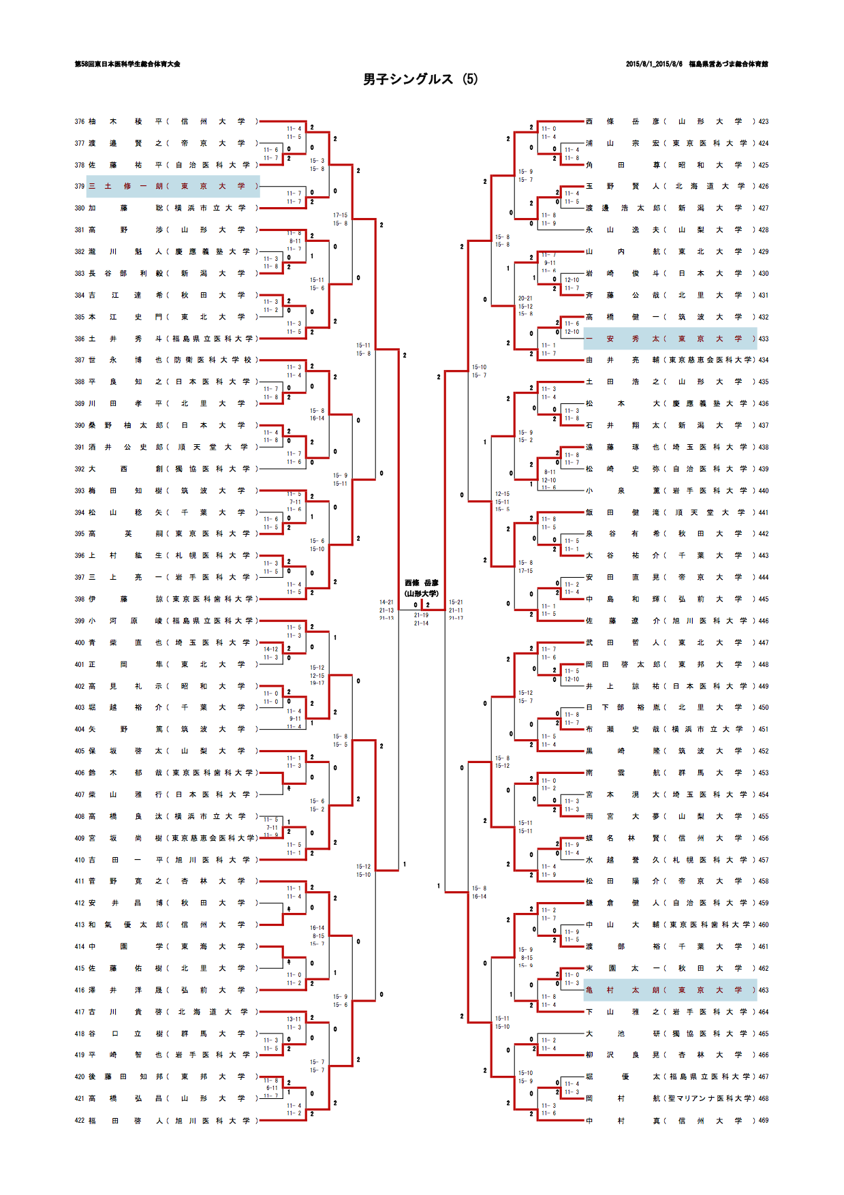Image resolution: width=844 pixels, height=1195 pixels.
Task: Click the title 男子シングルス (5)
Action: (x=420, y=79)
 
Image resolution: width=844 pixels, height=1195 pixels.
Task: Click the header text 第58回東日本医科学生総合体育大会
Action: (x=127, y=64)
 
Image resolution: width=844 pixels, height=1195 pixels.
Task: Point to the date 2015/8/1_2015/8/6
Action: (x=654, y=64)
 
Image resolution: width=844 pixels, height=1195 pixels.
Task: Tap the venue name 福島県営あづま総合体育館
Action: (x=728, y=64)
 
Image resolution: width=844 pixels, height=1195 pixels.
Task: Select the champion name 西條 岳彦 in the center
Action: (x=422, y=583)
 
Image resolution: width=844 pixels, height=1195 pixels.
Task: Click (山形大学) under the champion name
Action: (x=422, y=593)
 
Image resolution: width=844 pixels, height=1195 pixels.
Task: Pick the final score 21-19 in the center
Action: (x=421, y=615)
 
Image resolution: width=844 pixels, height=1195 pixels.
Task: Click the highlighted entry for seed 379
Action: (x=167, y=186)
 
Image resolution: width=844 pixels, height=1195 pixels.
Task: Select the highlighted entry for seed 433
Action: (x=670, y=339)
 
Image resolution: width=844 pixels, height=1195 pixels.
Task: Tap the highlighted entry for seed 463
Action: (x=670, y=990)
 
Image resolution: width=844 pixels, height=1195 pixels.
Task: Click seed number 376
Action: (x=80, y=121)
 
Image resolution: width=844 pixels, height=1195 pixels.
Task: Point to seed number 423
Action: (x=763, y=121)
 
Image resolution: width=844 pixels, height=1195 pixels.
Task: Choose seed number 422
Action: (x=80, y=1120)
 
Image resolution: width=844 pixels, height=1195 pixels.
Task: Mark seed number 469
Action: (x=763, y=1120)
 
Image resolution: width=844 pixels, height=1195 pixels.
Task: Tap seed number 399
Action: (x=80, y=621)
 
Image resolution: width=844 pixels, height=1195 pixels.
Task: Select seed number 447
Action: (x=763, y=642)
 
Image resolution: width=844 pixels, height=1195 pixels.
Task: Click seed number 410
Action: (x=80, y=860)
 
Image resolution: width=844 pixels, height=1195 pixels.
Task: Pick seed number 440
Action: (x=763, y=491)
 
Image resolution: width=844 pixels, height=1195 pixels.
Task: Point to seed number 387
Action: (x=80, y=360)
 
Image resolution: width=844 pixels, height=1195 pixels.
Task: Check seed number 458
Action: (x=763, y=881)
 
